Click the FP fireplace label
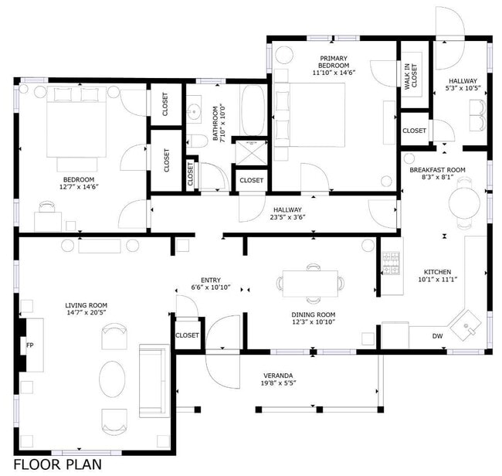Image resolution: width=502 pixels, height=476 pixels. tap(30, 345)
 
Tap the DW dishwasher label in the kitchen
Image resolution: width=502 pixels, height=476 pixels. tap(437, 336)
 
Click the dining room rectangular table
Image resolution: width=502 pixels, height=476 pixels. tap(310, 283)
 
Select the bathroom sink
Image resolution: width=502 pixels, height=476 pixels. tap(195, 111)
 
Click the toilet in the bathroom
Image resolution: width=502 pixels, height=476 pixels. tap(198, 141)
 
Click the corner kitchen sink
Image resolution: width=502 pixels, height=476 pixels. tap(468, 328)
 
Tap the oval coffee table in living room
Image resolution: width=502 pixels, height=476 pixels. tap(114, 379)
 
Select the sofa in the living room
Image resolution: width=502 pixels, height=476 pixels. tap(152, 380)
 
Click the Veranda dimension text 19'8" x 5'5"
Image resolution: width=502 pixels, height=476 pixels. tap(279, 382)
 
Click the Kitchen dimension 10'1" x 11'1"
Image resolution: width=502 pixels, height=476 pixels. tap(436, 280)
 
